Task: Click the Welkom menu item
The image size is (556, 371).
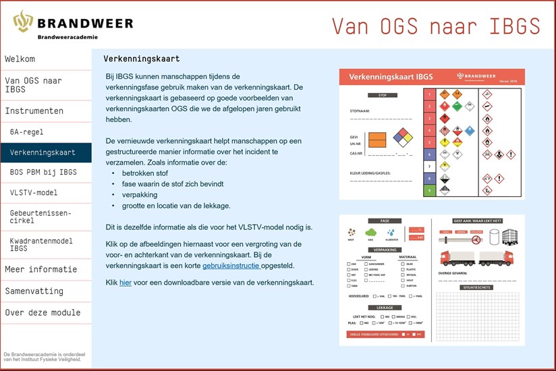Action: pyautogui.click(x=20, y=59)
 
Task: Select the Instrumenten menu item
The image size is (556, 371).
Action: pyautogui.click(x=34, y=111)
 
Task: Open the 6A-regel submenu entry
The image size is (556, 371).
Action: pyautogui.click(x=26, y=132)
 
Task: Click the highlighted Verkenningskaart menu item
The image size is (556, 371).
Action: pyautogui.click(x=43, y=152)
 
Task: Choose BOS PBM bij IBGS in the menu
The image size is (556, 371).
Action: pyautogui.click(x=43, y=172)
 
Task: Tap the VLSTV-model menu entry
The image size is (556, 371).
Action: pyautogui.click(x=34, y=192)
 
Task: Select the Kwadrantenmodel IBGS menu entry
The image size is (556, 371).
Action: pyautogui.click(x=40, y=244)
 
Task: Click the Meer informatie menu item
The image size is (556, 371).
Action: pyautogui.click(x=40, y=269)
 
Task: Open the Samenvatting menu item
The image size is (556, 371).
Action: pyautogui.click(x=34, y=291)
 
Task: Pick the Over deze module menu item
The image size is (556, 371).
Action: pyautogui.click(x=43, y=312)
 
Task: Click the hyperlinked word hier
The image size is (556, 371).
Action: pyautogui.click(x=126, y=283)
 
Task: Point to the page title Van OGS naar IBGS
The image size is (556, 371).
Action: pyautogui.click(x=436, y=26)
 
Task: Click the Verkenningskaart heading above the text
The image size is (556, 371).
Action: pyautogui.click(x=142, y=59)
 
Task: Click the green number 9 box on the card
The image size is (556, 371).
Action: pyautogui.click(x=427, y=190)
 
